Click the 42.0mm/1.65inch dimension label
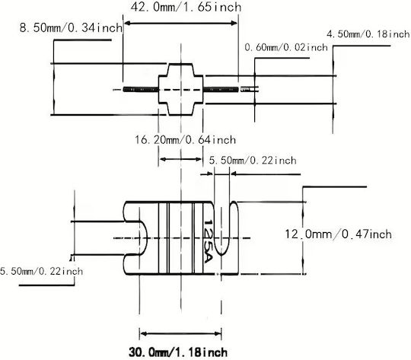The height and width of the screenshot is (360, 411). tap(186, 7)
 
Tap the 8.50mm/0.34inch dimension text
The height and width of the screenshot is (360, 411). tap(71, 27)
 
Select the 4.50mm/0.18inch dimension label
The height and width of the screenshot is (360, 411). tap(368, 34)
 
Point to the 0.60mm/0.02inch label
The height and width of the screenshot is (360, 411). tap(286, 47)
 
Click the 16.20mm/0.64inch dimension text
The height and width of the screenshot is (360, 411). tap(185, 139)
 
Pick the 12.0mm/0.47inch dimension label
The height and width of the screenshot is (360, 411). tap(338, 234)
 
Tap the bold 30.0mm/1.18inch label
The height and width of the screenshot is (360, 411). tap(178, 352)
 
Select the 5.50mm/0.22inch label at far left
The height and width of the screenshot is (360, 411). tap(41, 271)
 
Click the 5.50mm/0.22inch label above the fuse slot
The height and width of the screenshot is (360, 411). tap(253, 160)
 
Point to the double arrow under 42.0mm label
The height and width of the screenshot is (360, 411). tap(181, 24)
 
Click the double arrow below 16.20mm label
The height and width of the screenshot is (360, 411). tap(180, 159)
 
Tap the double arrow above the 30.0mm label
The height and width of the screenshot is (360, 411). tap(180, 334)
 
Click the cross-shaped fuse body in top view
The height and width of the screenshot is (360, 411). tap(180, 89)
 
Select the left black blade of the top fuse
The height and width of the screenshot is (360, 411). tap(141, 89)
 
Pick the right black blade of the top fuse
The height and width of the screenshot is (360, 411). tap(221, 89)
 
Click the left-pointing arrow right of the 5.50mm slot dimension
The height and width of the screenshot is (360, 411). tap(266, 174)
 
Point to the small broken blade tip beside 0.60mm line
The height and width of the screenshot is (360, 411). tap(250, 89)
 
